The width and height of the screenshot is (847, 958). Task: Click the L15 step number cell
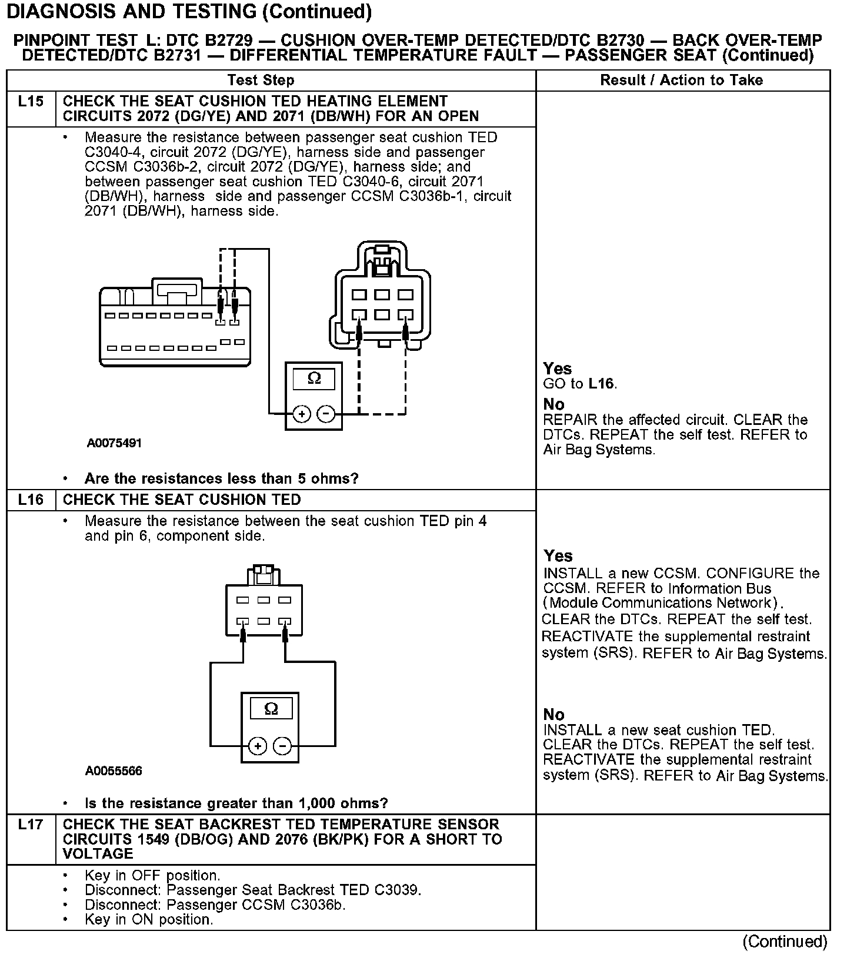(31, 102)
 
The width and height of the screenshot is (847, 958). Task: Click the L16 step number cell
(31, 500)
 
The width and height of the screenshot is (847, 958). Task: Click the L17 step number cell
(31, 825)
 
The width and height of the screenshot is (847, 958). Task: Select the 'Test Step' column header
(261, 80)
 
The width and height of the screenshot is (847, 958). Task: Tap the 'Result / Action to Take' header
(681, 80)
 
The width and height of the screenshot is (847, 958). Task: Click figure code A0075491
(114, 443)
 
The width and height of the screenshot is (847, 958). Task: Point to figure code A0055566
(114, 771)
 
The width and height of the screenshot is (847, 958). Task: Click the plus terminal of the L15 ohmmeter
(302, 414)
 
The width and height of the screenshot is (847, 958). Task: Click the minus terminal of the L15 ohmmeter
(326, 414)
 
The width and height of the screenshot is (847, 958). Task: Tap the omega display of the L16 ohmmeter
(271, 708)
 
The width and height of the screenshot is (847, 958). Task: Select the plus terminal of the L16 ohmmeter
(258, 746)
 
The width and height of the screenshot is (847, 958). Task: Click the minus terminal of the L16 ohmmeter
(283, 746)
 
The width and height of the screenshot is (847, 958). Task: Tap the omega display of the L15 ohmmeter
(314, 378)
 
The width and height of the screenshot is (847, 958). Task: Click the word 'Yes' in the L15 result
(557, 369)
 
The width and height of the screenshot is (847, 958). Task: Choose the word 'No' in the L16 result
(553, 714)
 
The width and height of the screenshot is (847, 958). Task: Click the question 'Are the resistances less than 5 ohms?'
(221, 478)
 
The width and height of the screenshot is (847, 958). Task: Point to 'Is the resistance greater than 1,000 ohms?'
(236, 803)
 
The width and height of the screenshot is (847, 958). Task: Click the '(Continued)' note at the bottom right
(785, 942)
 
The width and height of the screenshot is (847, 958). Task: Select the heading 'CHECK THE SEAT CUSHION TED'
(182, 500)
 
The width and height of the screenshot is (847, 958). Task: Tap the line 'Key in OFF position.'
(152, 875)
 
